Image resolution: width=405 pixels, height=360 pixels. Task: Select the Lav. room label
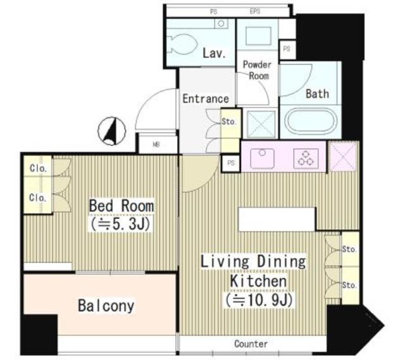214,54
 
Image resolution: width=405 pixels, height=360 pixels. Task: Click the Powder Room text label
257,70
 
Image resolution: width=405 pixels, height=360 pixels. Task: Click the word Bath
317,94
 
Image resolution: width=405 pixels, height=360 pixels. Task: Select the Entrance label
205,99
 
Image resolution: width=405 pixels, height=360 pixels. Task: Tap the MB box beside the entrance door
156,144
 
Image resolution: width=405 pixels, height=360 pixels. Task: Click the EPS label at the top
255,11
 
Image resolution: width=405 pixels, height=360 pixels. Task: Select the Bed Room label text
121,206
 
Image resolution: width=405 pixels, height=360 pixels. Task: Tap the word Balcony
106,306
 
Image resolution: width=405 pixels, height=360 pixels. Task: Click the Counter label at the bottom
251,344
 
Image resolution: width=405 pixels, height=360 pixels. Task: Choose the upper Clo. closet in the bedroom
35,169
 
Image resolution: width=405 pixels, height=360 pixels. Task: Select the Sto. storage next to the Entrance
230,122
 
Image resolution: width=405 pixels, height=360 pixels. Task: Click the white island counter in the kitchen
276,219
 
